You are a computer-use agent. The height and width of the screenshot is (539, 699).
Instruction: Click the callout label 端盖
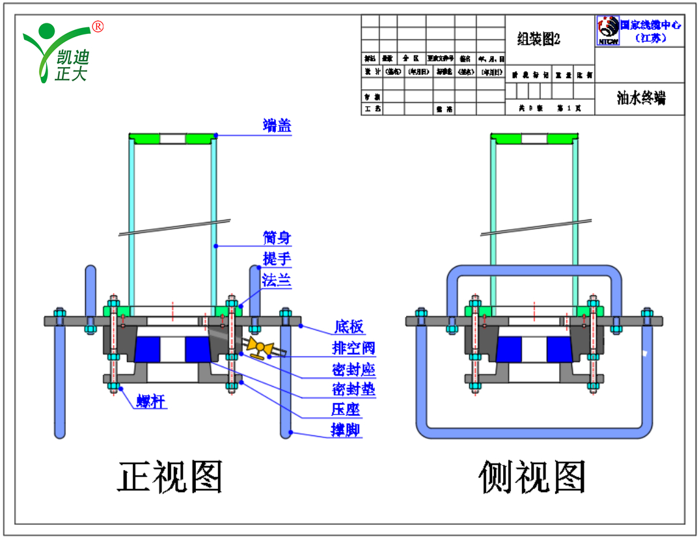coord(277,126)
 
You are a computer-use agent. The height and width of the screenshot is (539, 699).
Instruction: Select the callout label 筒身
coord(277,238)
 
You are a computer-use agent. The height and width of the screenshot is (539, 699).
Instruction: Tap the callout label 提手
coord(277,258)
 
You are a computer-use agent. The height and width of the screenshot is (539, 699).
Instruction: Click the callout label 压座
coord(346,409)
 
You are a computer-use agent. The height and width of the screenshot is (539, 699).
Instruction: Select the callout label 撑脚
coord(346,430)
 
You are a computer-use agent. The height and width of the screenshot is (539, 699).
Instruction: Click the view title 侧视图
coord(532,477)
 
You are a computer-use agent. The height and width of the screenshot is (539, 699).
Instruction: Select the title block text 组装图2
coord(538,40)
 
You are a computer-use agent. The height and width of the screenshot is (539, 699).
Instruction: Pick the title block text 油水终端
coord(640,98)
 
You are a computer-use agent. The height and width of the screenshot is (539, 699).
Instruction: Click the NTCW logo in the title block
coord(607,31)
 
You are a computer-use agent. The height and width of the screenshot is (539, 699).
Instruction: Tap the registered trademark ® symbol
coord(98,27)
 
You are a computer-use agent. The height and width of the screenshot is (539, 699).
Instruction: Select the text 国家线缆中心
coord(651,25)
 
